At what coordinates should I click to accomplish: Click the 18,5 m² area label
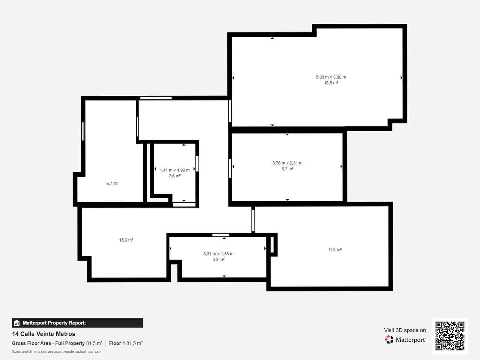(331, 83)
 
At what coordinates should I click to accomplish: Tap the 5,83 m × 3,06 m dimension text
(331, 77)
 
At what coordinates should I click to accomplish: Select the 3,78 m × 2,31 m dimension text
(287, 163)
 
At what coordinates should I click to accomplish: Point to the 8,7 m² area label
(287, 169)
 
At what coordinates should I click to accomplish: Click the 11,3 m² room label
(335, 250)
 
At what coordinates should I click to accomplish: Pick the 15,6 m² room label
(126, 240)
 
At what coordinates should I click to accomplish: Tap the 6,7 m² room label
(112, 183)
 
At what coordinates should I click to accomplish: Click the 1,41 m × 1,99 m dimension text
(174, 170)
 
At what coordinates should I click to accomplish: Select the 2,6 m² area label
(174, 176)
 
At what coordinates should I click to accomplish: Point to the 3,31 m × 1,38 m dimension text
(219, 254)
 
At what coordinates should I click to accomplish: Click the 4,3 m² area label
(219, 260)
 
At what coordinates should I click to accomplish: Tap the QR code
(450, 336)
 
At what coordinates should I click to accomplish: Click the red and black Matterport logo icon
(389, 340)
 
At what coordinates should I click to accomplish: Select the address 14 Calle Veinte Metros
(44, 334)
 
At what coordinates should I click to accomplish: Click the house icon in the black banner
(17, 323)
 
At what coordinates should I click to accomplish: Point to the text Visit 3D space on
(405, 330)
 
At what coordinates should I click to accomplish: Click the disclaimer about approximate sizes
(57, 351)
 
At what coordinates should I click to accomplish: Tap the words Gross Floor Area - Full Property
(48, 343)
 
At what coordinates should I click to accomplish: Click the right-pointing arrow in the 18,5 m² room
(401, 77)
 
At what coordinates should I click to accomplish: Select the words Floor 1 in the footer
(117, 343)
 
